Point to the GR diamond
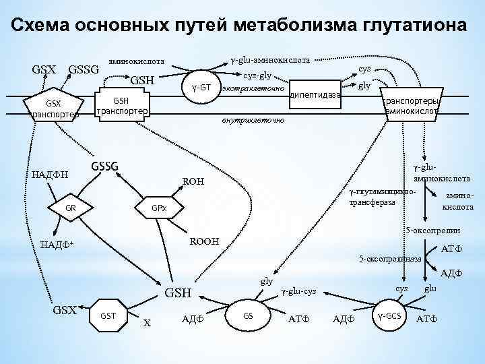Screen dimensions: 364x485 click(71, 208)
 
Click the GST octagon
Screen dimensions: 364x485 click(107, 315)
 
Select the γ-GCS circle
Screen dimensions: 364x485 click(390, 315)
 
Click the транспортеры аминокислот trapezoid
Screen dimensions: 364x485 click(412, 104)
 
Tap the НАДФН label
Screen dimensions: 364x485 click(50, 175)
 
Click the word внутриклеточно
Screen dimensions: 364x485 click(253, 121)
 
